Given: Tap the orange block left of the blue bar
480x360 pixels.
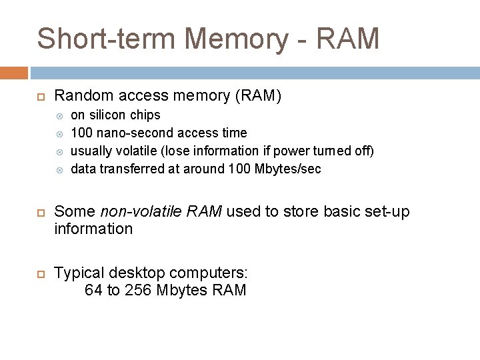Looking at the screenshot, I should tap(14, 73).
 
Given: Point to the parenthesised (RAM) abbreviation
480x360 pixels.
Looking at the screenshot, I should tap(257, 96).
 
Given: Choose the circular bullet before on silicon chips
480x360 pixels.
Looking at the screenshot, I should tap(58, 115).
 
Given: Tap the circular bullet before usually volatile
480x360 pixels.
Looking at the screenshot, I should tap(58, 151).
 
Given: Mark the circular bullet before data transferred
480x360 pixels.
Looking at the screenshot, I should tap(58, 169).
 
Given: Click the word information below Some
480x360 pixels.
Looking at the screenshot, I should tap(93, 229).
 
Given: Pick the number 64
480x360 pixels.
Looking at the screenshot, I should tap(93, 290).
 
